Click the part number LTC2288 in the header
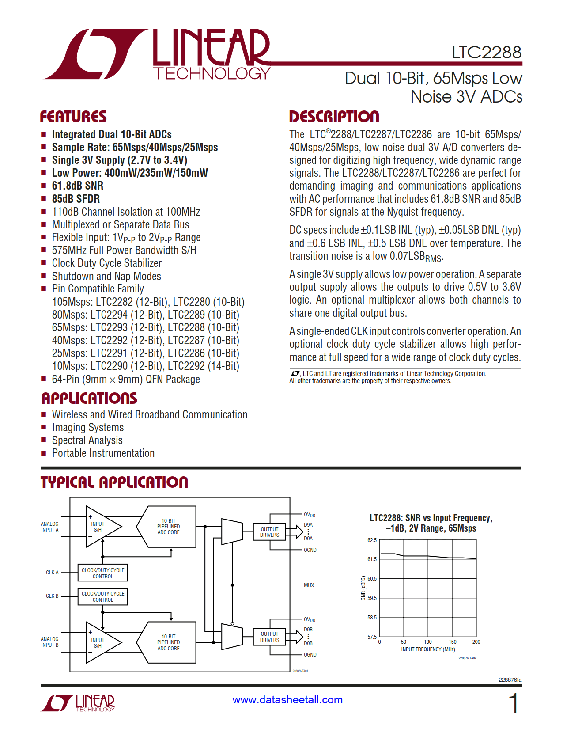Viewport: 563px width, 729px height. coord(486,53)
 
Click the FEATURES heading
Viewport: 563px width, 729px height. coord(73,117)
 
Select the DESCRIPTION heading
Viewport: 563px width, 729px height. coord(334,117)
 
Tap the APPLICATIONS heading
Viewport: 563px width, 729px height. coord(89,398)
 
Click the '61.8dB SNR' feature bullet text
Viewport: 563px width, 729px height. coord(77,186)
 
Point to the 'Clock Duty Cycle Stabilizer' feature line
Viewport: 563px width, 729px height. coord(107,263)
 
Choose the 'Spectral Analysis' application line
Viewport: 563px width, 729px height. coord(87,440)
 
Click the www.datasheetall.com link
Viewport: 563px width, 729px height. coord(287,700)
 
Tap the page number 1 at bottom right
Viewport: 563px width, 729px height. coord(513,703)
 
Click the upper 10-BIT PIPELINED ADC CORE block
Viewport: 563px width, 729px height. coord(168,527)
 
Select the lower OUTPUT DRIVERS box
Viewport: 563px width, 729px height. coord(269,637)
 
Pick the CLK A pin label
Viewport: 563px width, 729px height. coord(52,573)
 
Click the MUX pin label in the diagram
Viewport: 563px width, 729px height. coord(309,585)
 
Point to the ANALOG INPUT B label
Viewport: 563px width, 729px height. coord(49,642)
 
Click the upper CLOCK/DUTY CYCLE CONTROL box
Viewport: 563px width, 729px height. coord(103,573)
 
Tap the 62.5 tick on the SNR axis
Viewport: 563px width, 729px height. coord(372,540)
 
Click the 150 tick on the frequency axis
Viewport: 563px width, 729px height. coord(452,642)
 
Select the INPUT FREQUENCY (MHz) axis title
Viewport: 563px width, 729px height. coord(428,649)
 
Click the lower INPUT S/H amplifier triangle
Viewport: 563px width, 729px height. coord(101,643)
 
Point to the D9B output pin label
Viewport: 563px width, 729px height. coord(308,630)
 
